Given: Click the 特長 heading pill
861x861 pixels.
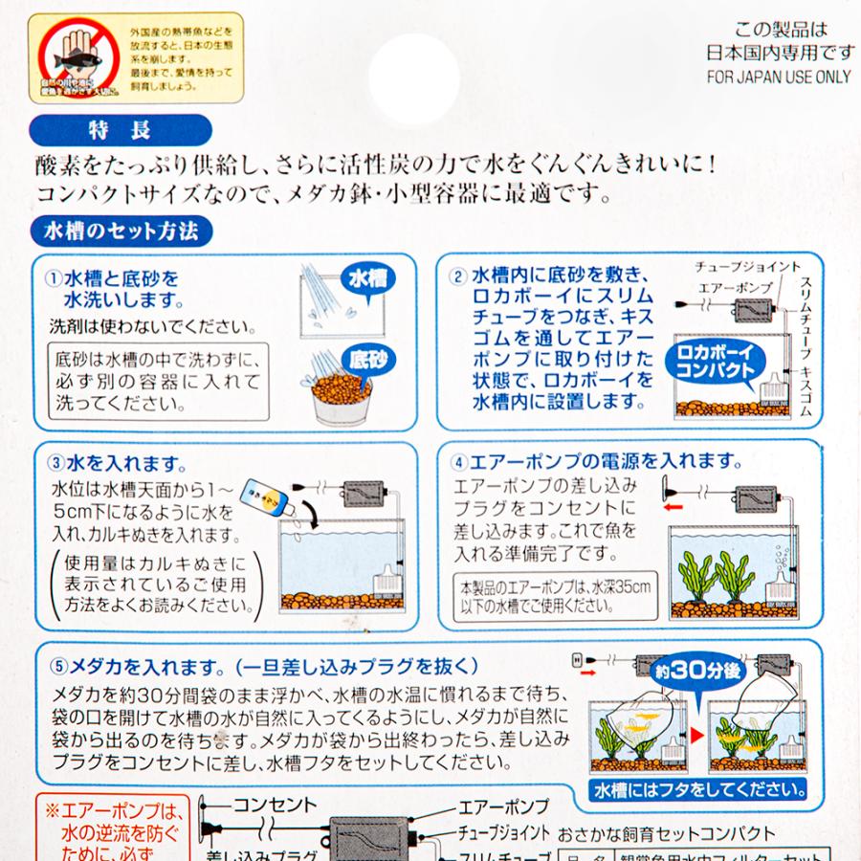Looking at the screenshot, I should [x=119, y=129].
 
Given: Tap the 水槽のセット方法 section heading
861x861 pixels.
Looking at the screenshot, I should [x=121, y=231].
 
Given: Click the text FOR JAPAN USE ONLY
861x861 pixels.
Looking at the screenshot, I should [x=779, y=77].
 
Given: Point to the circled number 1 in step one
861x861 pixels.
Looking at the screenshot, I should [x=54, y=280].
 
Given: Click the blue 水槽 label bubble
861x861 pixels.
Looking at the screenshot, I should [x=366, y=280].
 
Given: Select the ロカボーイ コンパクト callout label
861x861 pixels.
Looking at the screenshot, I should [x=711, y=361].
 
